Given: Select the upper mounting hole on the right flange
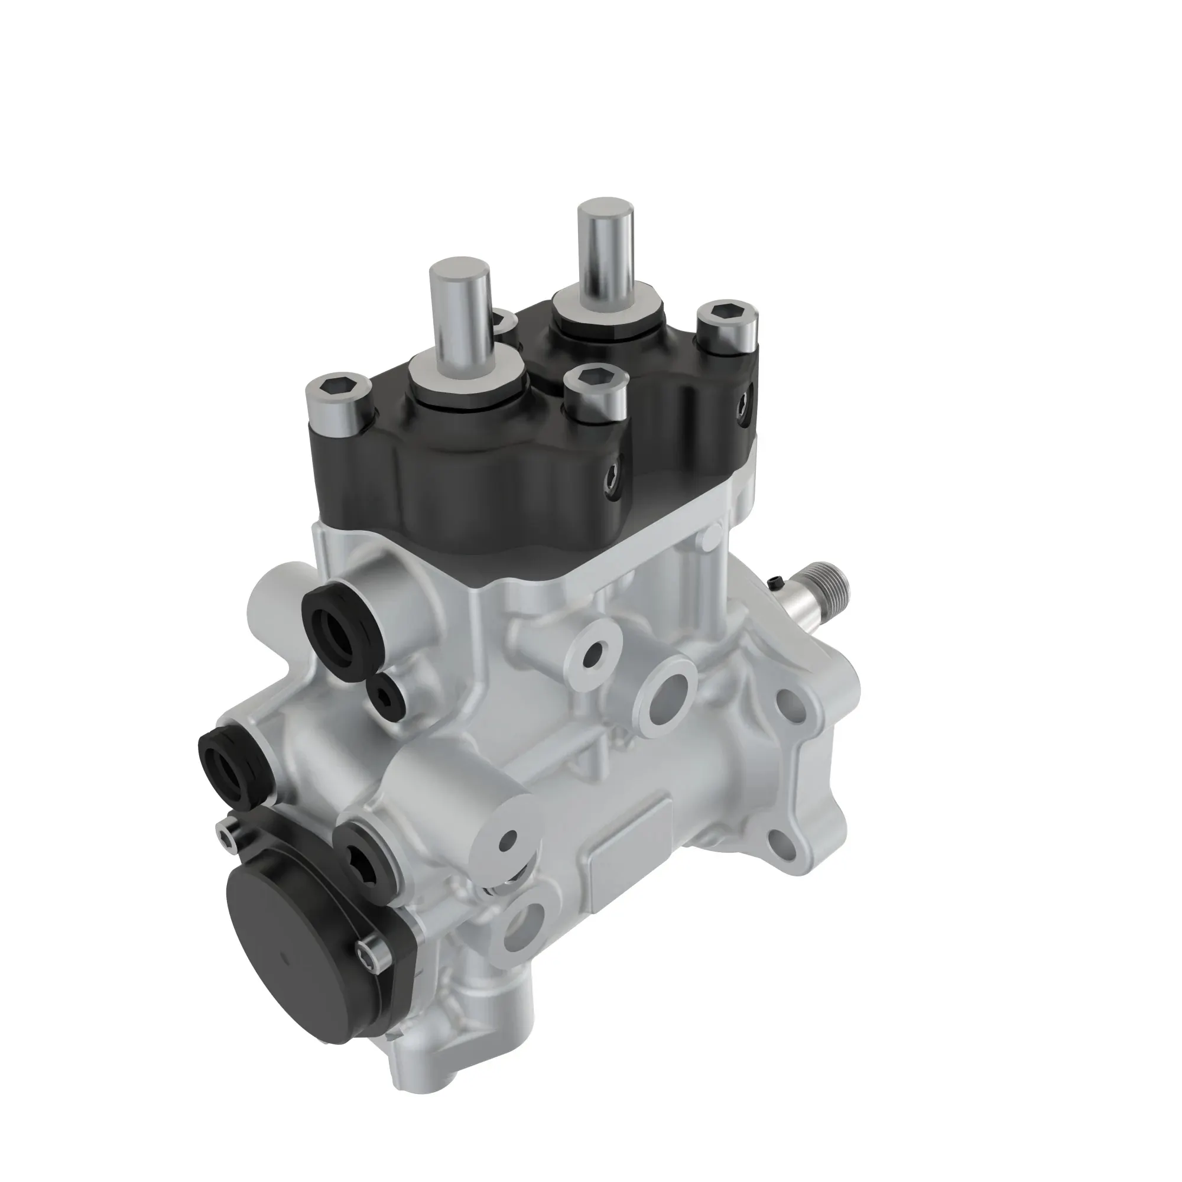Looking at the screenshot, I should pyautogui.click(x=788, y=699).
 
